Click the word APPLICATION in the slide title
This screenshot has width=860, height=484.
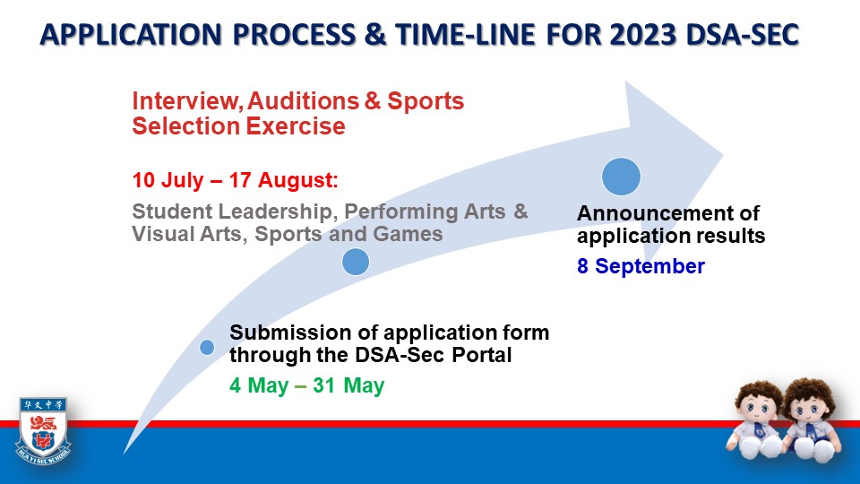click(131, 35)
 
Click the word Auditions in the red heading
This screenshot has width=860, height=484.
click(303, 101)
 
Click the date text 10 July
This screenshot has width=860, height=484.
click(168, 180)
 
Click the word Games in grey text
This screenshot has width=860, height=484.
click(408, 234)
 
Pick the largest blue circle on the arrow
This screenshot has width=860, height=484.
click(621, 177)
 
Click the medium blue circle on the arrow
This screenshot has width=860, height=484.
click(356, 262)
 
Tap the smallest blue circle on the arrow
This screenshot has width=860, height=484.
click(207, 348)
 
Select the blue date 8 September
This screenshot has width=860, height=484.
click(641, 266)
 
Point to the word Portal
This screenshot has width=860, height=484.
click(482, 355)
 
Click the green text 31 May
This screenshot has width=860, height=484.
click(348, 385)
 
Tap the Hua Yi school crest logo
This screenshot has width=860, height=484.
click(43, 430)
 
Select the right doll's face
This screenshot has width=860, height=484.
click(806, 408)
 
